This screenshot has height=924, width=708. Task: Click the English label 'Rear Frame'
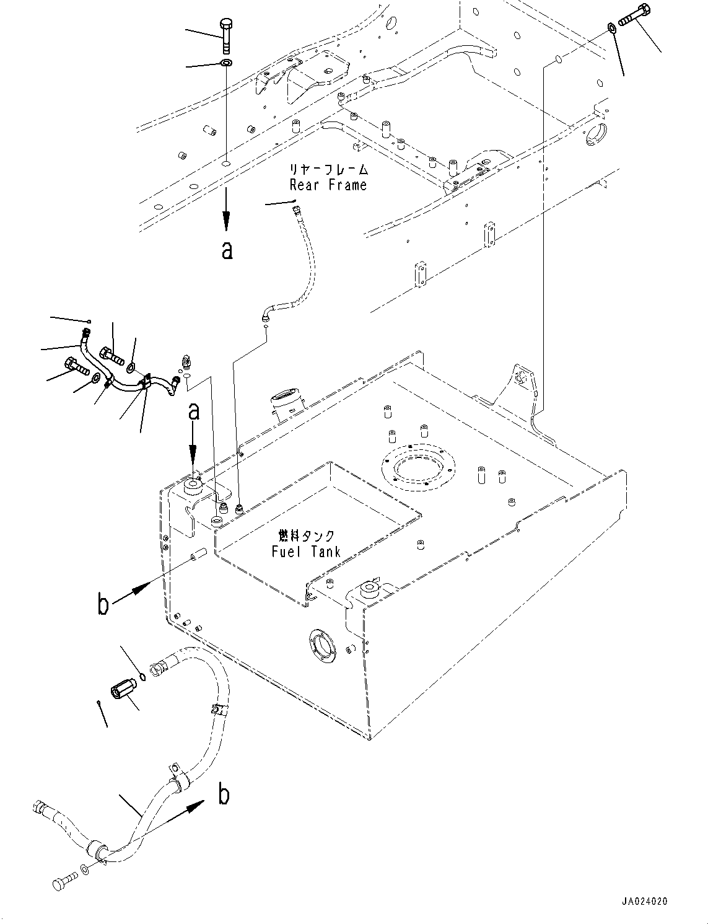pyautogui.click(x=328, y=185)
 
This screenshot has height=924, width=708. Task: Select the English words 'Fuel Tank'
pyautogui.click(x=306, y=552)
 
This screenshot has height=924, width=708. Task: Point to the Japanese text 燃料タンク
pyautogui.click(x=306, y=535)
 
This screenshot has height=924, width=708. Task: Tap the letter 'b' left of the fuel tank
pyautogui.click(x=103, y=604)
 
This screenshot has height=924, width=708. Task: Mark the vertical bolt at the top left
pyautogui.click(x=225, y=36)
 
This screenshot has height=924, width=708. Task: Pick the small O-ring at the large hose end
pyautogui.click(x=143, y=675)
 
